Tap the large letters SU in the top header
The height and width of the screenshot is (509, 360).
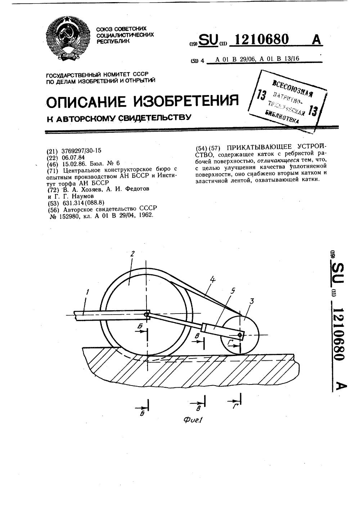pyautogui.click(x=208, y=40)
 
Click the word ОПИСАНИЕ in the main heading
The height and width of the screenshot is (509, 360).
pyautogui.click(x=87, y=102)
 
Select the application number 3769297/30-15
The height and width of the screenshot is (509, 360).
pyautogui.click(x=82, y=151)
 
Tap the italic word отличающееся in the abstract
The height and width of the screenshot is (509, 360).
pyautogui.click(x=279, y=161)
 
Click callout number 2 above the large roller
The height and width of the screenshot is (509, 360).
pyautogui.click(x=132, y=254)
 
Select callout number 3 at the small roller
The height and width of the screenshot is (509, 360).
pyautogui.click(x=252, y=301)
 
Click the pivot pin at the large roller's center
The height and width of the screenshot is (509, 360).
pyautogui.click(x=147, y=315)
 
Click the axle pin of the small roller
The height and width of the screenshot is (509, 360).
pyautogui.click(x=240, y=336)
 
